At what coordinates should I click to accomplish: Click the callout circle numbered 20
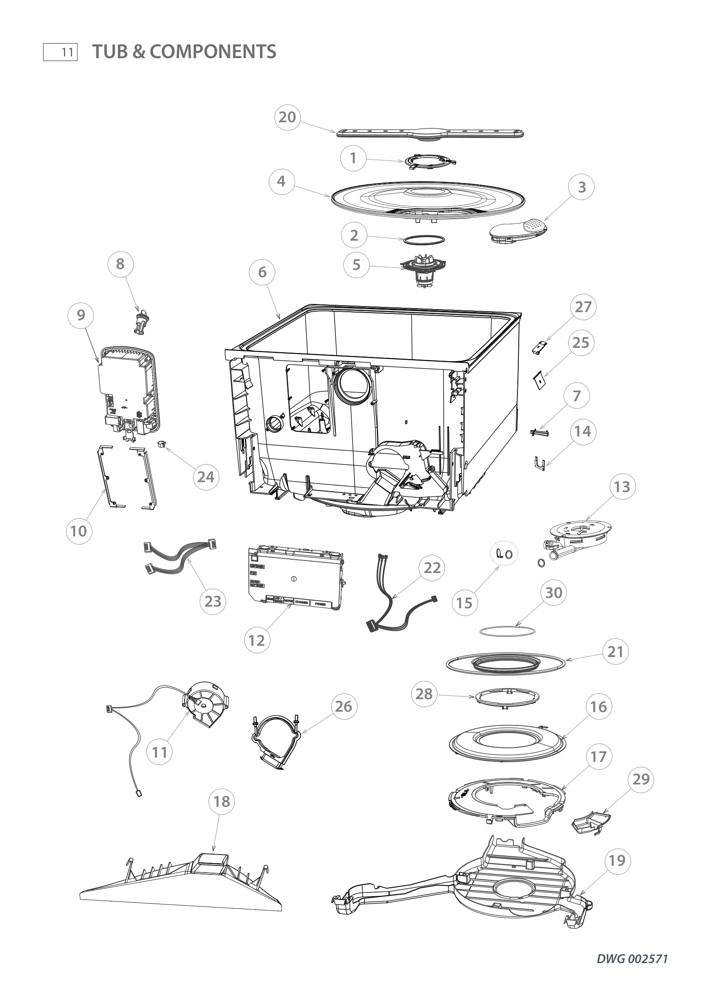point(287,118)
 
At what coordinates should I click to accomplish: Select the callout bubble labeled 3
point(582,187)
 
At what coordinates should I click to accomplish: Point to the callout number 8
point(120,264)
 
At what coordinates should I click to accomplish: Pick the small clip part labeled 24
point(161,445)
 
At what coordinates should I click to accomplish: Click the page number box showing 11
point(61,52)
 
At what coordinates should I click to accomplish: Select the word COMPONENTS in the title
point(213,52)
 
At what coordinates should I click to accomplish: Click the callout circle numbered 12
point(257,640)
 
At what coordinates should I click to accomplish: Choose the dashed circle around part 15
point(504,555)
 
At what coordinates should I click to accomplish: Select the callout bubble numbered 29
point(641,779)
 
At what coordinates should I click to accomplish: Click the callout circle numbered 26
point(343,706)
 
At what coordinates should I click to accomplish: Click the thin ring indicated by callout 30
point(507,630)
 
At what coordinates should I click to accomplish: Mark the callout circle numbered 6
point(262,273)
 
